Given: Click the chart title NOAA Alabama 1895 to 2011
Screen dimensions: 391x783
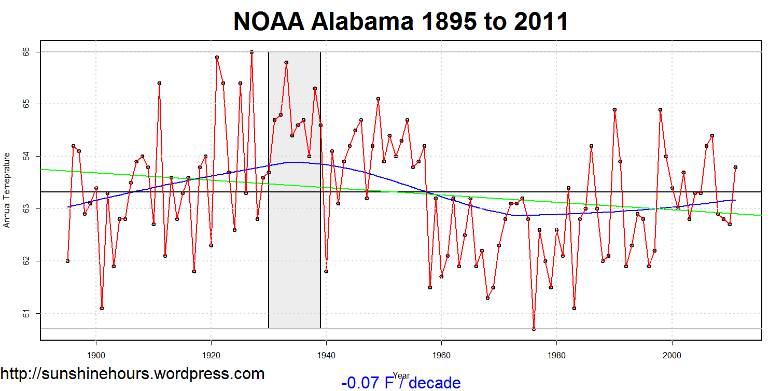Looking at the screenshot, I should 401,22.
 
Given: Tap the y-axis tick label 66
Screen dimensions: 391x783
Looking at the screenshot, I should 26,52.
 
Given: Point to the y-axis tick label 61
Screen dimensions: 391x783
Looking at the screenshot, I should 26,313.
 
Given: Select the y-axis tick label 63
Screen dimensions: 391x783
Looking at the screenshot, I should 26,209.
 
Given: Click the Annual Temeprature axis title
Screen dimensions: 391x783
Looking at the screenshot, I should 7,190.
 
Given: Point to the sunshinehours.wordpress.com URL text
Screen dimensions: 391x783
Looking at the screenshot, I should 132,374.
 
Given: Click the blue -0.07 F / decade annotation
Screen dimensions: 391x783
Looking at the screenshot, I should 401,383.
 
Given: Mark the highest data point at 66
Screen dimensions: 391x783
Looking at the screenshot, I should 251,52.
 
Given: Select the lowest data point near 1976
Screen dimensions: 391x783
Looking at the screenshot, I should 534,329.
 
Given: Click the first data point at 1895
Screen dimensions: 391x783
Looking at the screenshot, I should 67,261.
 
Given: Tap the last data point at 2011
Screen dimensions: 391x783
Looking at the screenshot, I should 735,167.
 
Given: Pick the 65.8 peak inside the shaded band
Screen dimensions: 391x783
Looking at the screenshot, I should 286,62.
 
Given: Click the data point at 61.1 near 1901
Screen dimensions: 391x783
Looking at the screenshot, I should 102,308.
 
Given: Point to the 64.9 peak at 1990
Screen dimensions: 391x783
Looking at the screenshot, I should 614,109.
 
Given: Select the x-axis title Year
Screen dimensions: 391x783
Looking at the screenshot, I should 401,375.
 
